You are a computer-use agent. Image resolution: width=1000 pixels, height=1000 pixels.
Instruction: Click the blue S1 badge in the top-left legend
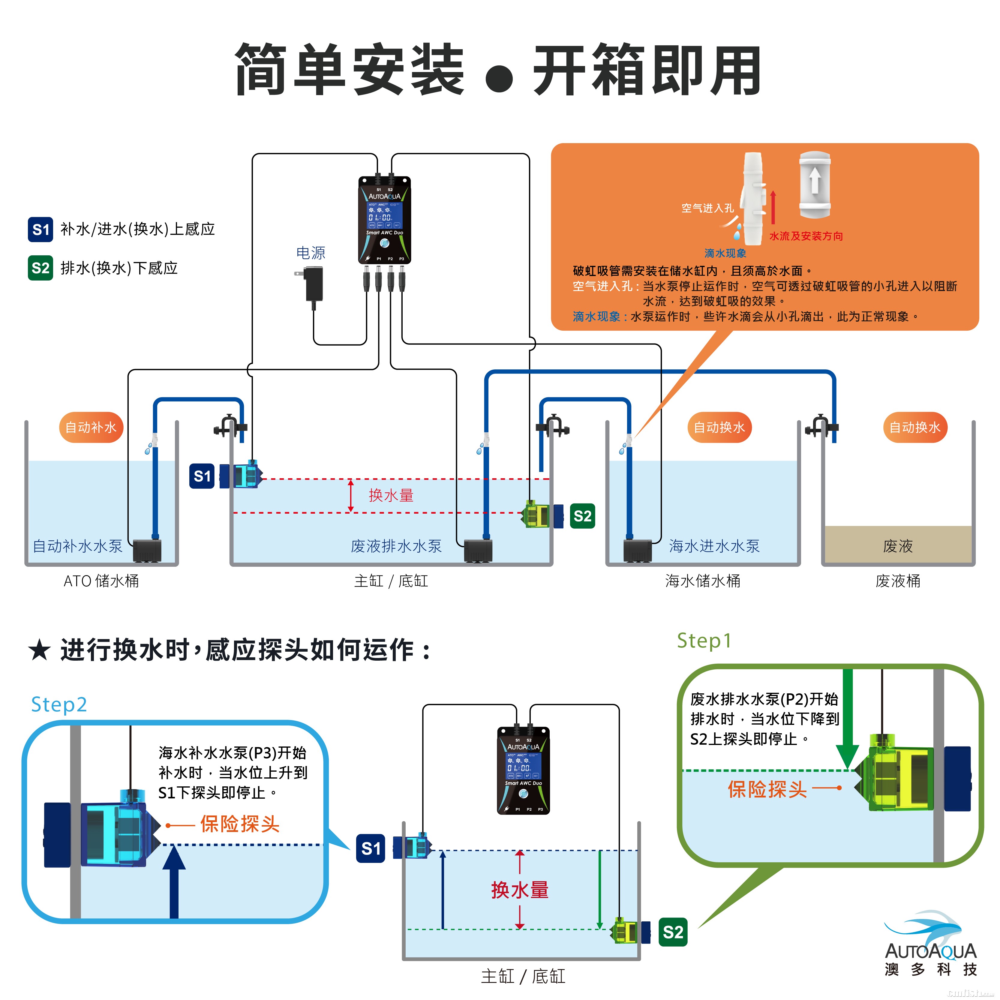(x=41, y=229)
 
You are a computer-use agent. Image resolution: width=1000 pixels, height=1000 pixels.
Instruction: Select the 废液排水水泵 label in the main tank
(x=396, y=546)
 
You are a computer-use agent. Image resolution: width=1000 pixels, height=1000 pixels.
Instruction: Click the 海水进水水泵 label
(x=714, y=546)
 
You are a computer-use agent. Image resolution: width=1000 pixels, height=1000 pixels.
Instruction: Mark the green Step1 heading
(x=704, y=641)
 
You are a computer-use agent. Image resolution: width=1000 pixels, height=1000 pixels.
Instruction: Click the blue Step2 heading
(x=59, y=704)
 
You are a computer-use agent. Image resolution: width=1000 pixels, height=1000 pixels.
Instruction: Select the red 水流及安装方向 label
(x=806, y=236)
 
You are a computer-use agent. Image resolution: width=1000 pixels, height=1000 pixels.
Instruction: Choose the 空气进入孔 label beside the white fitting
(x=707, y=208)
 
